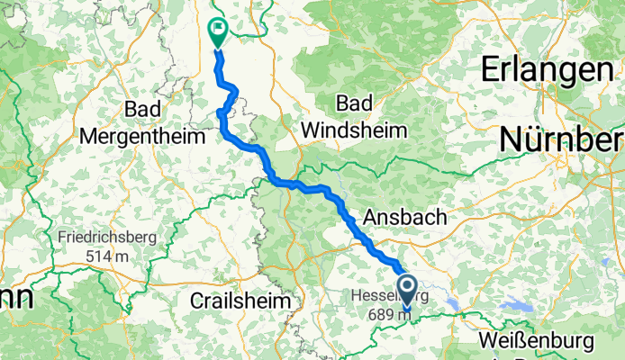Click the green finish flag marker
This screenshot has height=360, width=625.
(218, 31)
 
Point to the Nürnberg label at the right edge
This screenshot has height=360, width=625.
(562, 139)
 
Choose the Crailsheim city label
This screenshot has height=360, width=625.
(240, 301)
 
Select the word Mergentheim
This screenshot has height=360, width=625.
(137, 134)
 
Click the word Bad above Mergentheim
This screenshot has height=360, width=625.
(143, 109)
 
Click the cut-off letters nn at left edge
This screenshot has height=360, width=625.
(14, 299)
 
